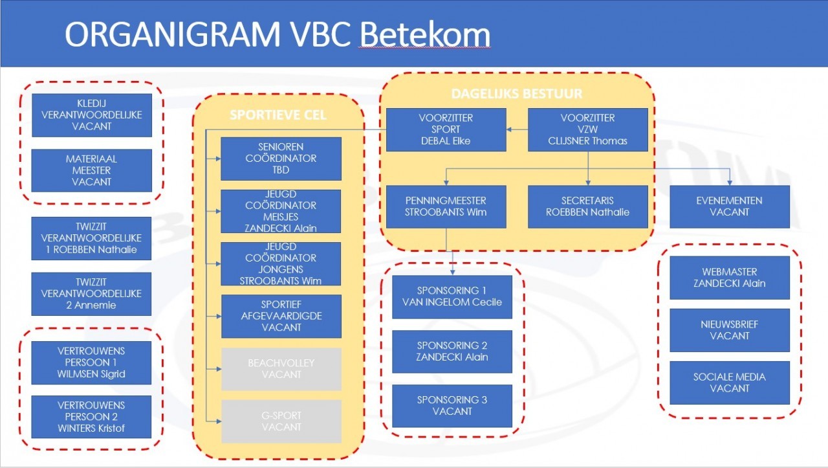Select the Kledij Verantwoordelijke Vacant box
pos(92,115)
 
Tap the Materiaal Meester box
pos(92,170)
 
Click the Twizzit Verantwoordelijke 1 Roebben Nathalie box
pos(92,238)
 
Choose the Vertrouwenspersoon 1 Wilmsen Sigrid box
pos(92,362)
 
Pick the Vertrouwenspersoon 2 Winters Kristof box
pos(92,417)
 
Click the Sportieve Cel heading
pos(278,116)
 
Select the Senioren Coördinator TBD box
pos(281,159)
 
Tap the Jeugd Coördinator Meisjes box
pos(281,211)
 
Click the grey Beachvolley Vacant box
pos(281,369)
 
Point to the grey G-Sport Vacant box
pos(281,421)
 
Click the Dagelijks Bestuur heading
pos(517,94)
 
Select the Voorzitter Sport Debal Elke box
pos(446,129)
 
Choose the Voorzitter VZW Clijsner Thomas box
pos(588,129)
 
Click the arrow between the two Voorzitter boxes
pos(517,130)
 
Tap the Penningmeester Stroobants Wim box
pos(446,206)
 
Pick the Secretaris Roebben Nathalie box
pos(588,206)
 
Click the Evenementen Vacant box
pos(730,206)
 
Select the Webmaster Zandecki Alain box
pos(730,278)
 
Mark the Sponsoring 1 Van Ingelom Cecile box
pos(452,296)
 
